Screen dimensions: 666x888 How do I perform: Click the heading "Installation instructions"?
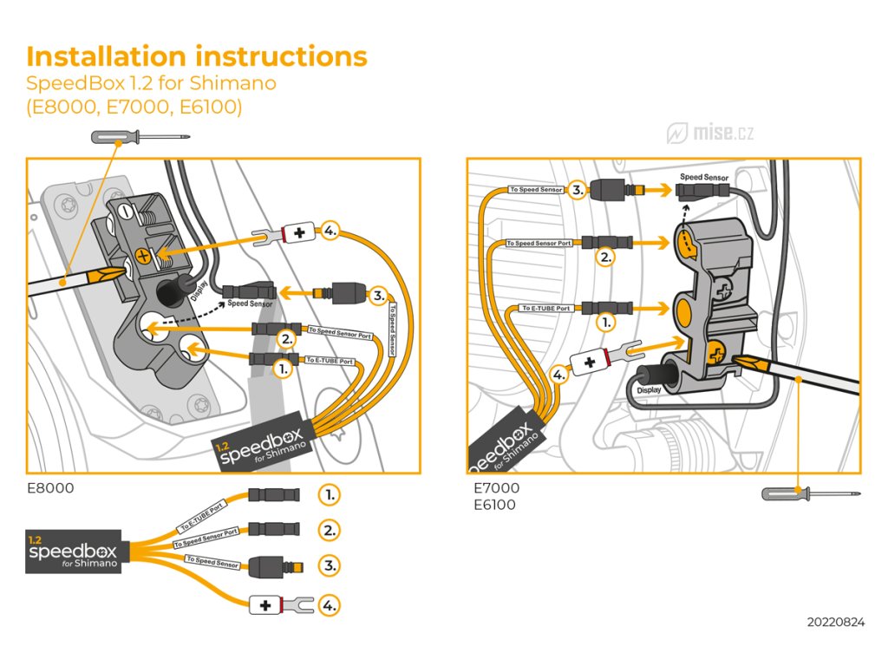(x=197, y=56)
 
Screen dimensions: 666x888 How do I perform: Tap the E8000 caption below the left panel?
(x=50, y=488)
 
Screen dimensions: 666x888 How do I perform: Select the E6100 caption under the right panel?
(x=494, y=505)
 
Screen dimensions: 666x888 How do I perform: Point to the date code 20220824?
(x=835, y=622)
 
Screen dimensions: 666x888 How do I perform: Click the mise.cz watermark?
(x=711, y=133)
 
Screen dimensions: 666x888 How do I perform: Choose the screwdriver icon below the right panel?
(x=810, y=493)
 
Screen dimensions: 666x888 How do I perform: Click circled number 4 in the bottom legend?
(x=329, y=605)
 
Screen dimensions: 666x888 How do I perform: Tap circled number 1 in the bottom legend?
(x=329, y=495)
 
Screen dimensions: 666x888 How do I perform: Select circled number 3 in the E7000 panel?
(x=577, y=188)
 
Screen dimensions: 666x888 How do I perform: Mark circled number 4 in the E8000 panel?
(x=329, y=232)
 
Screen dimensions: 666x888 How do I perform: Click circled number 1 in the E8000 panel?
(x=283, y=368)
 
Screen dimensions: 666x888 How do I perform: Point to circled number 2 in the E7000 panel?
(x=605, y=256)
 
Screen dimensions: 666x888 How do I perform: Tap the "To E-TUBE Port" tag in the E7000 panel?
(x=546, y=308)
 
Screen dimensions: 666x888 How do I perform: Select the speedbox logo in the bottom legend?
(x=77, y=554)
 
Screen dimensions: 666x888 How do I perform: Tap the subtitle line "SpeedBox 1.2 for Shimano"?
(x=151, y=84)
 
